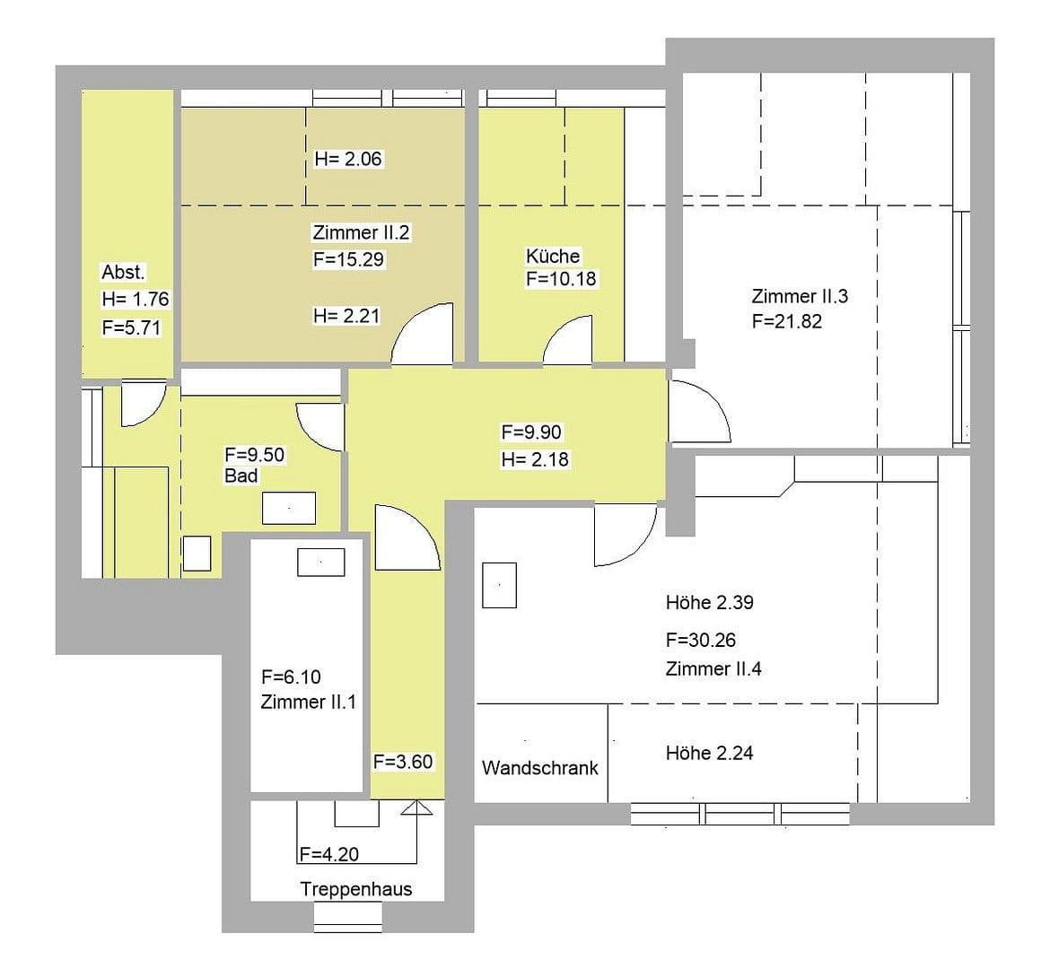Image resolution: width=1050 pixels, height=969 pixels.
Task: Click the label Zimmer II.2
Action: (361, 232)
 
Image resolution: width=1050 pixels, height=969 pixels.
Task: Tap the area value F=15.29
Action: (349, 260)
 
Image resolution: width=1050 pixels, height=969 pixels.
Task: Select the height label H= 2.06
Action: (348, 160)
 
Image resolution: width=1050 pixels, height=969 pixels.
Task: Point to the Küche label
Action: (553, 256)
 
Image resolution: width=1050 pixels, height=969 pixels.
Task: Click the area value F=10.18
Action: (561, 279)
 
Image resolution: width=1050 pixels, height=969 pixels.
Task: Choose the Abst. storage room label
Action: (123, 272)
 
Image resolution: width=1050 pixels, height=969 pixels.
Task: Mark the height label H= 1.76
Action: (136, 300)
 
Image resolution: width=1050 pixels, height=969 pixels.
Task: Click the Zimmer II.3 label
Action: (800, 296)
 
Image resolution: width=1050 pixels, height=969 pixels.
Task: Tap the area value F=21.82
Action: (787, 321)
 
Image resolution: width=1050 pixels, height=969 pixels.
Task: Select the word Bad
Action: (241, 476)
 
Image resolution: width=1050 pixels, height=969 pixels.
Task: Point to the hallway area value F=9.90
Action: (531, 432)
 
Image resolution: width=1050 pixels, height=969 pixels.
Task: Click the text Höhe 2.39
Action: (709, 603)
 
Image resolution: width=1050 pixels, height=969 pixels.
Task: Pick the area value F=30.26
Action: (701, 641)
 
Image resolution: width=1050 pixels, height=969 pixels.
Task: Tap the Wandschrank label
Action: (539, 768)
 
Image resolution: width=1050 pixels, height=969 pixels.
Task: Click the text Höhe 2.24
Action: (709, 754)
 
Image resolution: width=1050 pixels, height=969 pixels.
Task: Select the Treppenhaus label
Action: (356, 889)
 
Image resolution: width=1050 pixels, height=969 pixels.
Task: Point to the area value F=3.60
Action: (403, 762)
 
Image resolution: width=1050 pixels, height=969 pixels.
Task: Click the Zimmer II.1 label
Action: (308, 702)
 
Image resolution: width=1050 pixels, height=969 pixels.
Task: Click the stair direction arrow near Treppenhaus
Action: (416, 808)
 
